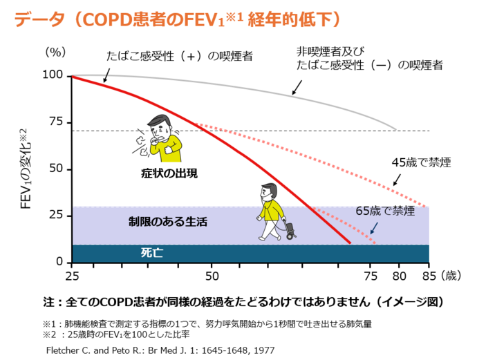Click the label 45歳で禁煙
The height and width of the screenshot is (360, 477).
[421, 163]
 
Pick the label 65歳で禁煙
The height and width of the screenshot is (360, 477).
[385, 210]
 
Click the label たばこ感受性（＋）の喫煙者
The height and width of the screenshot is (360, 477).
[179, 56]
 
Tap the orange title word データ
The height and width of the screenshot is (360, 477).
[39, 19]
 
